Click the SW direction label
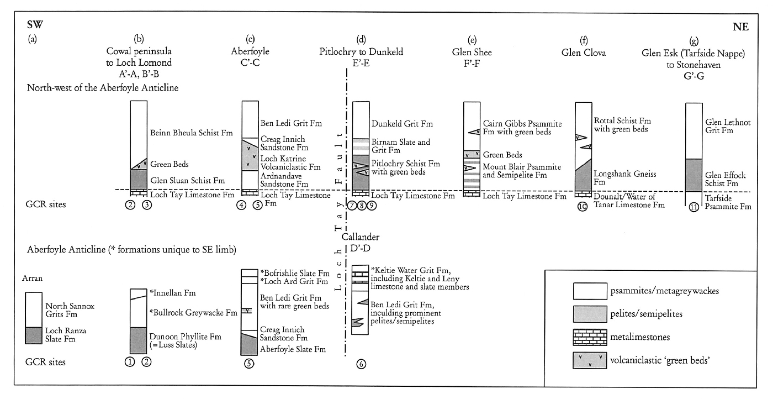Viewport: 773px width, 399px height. pyautogui.click(x=35, y=24)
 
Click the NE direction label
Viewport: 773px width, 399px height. pyautogui.click(x=740, y=27)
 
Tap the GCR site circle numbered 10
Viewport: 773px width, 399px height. pyautogui.click(x=583, y=207)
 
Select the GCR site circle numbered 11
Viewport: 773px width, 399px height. pyautogui.click(x=693, y=207)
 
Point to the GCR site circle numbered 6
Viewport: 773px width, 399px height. pyautogui.click(x=361, y=364)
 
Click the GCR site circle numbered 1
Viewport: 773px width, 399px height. pyautogui.click(x=130, y=361)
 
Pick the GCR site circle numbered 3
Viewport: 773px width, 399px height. pyautogui.click(x=147, y=205)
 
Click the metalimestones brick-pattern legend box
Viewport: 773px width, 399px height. pyautogui.click(x=590, y=337)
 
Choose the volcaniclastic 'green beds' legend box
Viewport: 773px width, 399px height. pyautogui.click(x=590, y=360)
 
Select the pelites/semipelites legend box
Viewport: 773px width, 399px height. pyautogui.click(x=590, y=314)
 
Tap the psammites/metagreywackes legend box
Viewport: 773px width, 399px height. pyautogui.click(x=590, y=291)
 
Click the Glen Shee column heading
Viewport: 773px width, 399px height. pyautogui.click(x=472, y=52)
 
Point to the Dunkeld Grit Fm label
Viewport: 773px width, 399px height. pyautogui.click(x=402, y=124)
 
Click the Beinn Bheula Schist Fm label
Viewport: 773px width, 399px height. pyautogui.click(x=192, y=133)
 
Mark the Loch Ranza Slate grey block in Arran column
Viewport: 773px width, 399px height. pyautogui.click(x=34, y=335)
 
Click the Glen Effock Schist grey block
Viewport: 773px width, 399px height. pyautogui.click(x=693, y=175)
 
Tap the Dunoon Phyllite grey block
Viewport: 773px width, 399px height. pyautogui.click(x=139, y=340)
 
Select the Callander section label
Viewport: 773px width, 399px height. pyautogui.click(x=360, y=237)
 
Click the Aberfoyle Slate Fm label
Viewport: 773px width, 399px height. pyautogui.click(x=293, y=349)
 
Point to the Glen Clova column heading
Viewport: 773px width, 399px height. pyautogui.click(x=584, y=53)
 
